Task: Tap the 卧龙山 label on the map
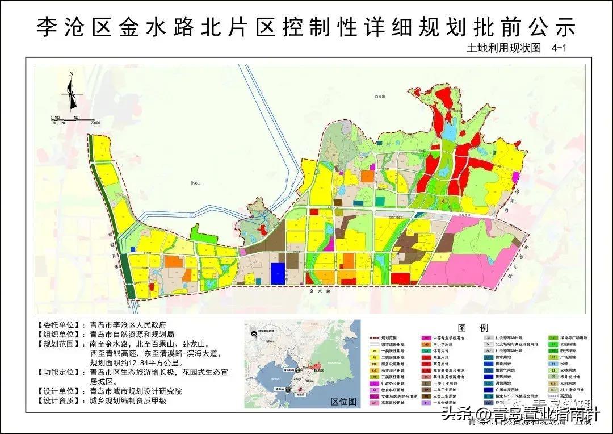[196, 183]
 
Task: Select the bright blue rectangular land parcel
[277, 273]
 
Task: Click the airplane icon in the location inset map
[252, 333]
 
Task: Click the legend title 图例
[473, 328]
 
